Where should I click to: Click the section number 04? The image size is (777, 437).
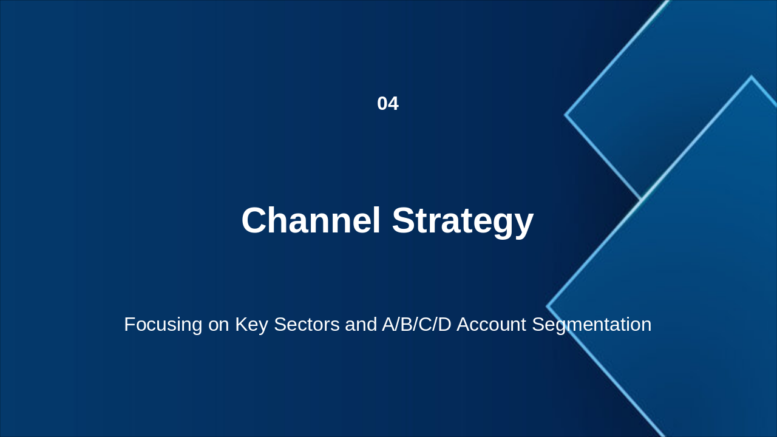(x=388, y=104)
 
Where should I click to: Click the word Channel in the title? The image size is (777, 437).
(x=311, y=220)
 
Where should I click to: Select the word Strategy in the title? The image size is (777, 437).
(x=463, y=222)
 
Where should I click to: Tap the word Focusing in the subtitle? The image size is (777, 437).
(x=163, y=325)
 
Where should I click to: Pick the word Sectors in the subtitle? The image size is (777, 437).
(x=307, y=325)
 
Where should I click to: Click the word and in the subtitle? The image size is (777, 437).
(x=361, y=325)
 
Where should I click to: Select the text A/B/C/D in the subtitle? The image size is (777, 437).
(x=416, y=325)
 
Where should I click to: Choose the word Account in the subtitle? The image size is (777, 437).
(x=492, y=325)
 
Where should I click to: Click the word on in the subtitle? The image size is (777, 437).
(x=219, y=327)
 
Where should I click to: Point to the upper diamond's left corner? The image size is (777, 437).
(x=565, y=115)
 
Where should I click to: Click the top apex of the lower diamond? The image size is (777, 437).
(x=752, y=76)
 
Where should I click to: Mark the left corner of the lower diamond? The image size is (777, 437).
(x=547, y=307)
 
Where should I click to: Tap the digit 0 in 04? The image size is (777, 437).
(x=382, y=104)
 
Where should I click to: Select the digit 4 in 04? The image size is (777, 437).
(x=394, y=104)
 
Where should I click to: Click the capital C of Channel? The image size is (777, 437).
(x=254, y=220)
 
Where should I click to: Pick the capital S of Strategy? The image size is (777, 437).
(x=404, y=220)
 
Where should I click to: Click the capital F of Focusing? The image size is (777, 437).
(x=130, y=325)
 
